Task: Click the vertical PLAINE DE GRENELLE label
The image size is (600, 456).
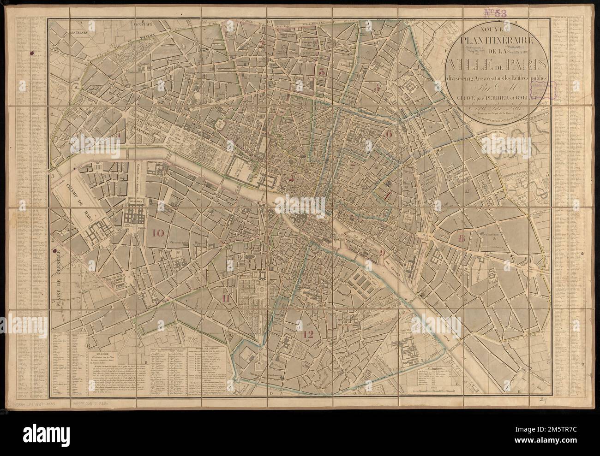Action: [59, 277]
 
